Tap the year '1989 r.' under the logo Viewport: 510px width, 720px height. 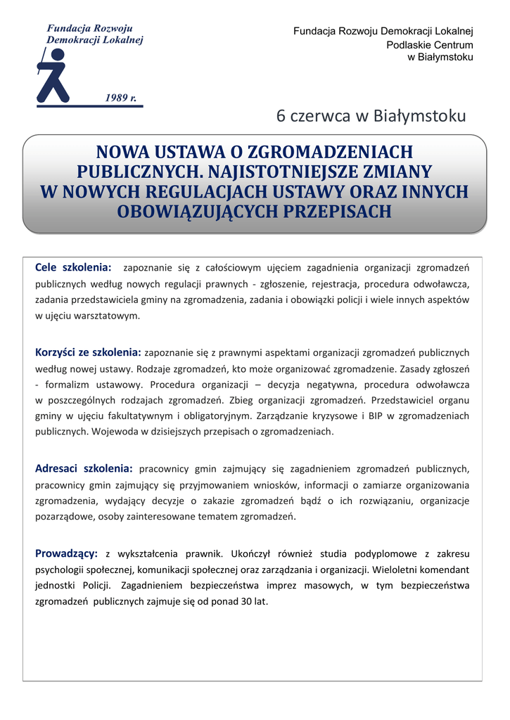pyautogui.click(x=120, y=97)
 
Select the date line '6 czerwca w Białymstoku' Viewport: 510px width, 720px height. pyautogui.click(x=371, y=115)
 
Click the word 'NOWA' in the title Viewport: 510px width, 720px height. pyautogui.click(x=117, y=152)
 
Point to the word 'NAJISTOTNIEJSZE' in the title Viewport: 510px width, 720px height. pyautogui.click(x=284, y=172)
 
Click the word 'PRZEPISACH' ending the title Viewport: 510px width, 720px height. pyautogui.click(x=333, y=211)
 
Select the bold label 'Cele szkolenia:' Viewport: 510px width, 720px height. pyautogui.click(x=73, y=267)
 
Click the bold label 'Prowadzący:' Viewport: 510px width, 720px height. pyautogui.click(x=66, y=553)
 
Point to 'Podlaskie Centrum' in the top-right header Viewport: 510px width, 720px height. pyautogui.click(x=430, y=45)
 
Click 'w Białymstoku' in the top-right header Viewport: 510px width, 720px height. pyautogui.click(x=440, y=57)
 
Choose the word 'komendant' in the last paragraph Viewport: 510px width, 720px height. pyautogui.click(x=444, y=570)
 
